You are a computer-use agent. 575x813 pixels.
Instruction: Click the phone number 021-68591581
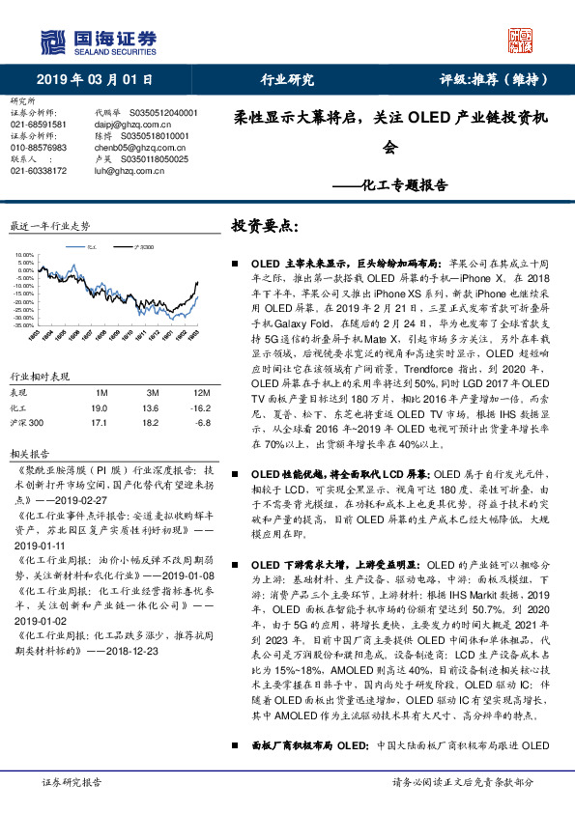(39, 125)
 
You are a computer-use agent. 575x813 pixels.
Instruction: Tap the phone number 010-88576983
(39, 148)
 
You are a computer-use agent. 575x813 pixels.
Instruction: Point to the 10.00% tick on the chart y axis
(25, 256)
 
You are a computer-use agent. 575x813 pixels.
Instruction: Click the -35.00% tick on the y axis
(24, 325)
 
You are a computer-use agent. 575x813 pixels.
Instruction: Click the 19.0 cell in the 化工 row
(100, 408)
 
